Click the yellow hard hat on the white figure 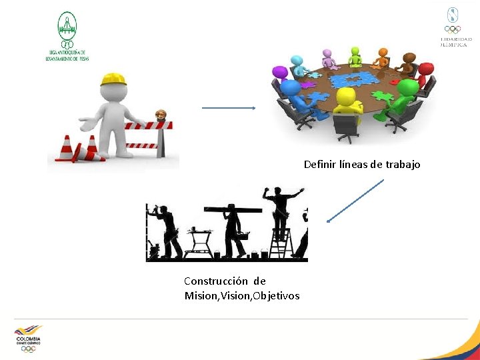pos(113,79)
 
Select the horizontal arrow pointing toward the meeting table pos(229,108)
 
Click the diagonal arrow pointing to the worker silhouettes pos(355,201)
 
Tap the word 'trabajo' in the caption pos(403,164)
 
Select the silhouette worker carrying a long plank pos(233,227)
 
